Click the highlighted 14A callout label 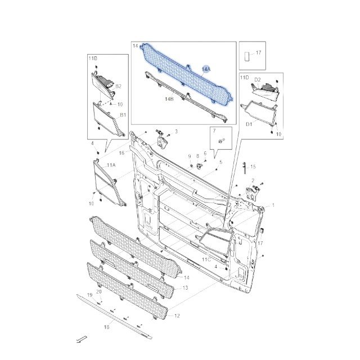coord(206,69)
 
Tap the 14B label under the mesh coord(169,99)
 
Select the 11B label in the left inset coord(93,58)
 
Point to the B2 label coord(118,86)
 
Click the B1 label coord(123,115)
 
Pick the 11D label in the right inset coord(244,78)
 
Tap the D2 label coord(258,80)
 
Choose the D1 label coord(249,124)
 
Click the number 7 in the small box coord(214,130)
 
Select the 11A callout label coord(111,165)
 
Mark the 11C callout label coord(206,260)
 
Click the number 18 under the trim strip coord(106,327)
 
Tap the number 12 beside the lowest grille coord(177,316)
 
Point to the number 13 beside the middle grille coord(185,288)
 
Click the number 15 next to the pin coord(253,166)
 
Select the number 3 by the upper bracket coord(176,132)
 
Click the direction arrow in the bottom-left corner coord(82,339)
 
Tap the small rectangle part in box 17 coord(247,56)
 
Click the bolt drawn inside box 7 coord(222,141)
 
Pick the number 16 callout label coord(121,153)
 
